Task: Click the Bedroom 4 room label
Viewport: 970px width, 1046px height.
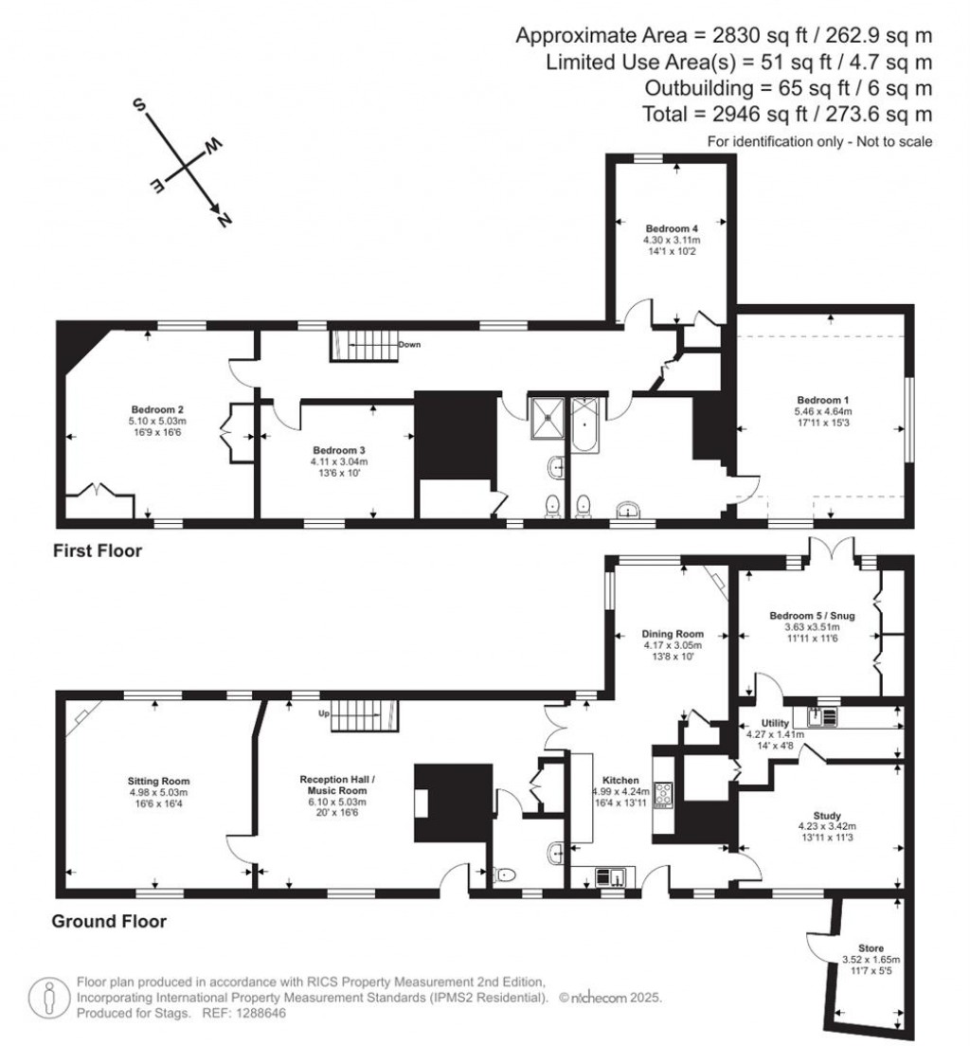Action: coord(672,228)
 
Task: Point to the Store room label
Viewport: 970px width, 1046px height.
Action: coord(870,947)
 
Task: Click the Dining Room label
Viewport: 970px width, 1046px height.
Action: coord(673,634)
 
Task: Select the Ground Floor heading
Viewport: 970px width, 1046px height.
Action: coord(109,921)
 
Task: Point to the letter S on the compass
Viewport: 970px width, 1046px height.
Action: coord(138,104)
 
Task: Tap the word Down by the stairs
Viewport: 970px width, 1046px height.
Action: coord(409,344)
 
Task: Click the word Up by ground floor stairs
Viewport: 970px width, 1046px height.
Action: coord(323,713)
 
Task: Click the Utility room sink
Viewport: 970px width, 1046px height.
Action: coord(818,715)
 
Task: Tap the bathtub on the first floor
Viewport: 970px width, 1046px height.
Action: coord(584,426)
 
